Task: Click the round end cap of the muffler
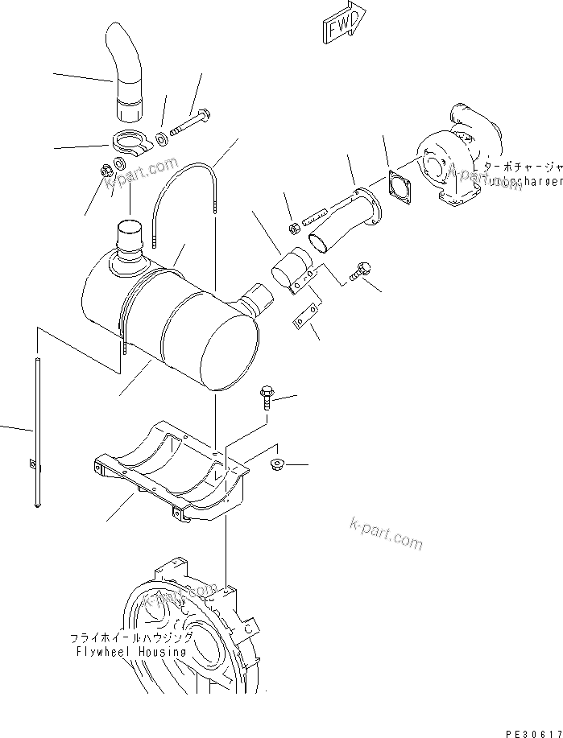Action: coord(234,347)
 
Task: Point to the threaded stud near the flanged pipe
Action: coord(315,219)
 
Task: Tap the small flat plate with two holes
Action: coord(304,317)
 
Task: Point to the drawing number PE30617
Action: coord(532,732)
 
